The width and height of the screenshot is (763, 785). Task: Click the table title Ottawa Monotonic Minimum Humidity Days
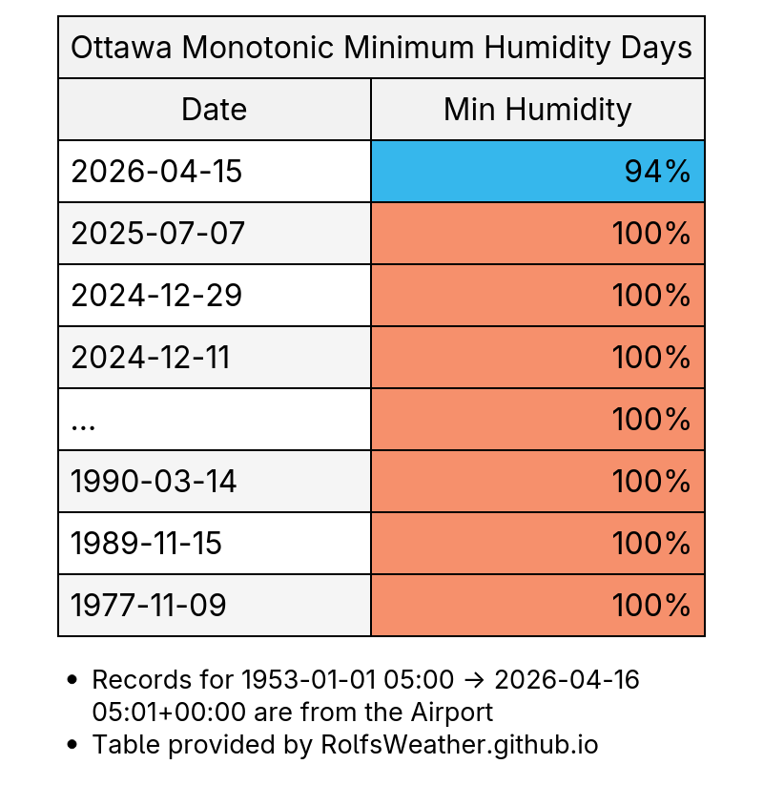(381, 48)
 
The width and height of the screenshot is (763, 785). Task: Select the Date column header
(215, 110)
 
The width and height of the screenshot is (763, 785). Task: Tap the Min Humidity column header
(537, 110)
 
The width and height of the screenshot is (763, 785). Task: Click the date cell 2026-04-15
(156, 172)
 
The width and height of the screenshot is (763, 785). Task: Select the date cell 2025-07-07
(158, 234)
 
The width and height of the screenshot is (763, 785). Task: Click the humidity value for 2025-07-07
(651, 234)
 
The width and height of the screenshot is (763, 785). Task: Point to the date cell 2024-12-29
(156, 296)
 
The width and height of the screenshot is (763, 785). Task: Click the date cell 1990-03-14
(154, 482)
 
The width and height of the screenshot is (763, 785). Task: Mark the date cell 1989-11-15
(147, 544)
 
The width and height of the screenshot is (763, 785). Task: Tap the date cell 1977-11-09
(149, 606)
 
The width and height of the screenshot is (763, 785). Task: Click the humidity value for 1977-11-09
(651, 606)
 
